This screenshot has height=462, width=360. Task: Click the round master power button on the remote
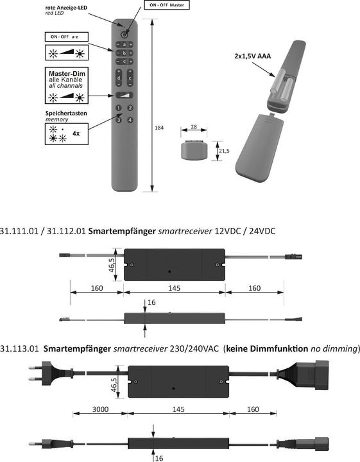click(124, 32)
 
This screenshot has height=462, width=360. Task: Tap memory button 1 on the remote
click(119, 108)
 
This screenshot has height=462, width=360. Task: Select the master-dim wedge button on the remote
click(124, 95)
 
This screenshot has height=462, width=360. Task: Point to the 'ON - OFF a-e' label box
click(65, 37)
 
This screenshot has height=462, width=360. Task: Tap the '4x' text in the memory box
click(76, 133)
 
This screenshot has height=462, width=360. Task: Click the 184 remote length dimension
click(159, 128)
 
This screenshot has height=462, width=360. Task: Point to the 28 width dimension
click(194, 127)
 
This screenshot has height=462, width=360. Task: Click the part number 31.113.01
click(19, 348)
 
